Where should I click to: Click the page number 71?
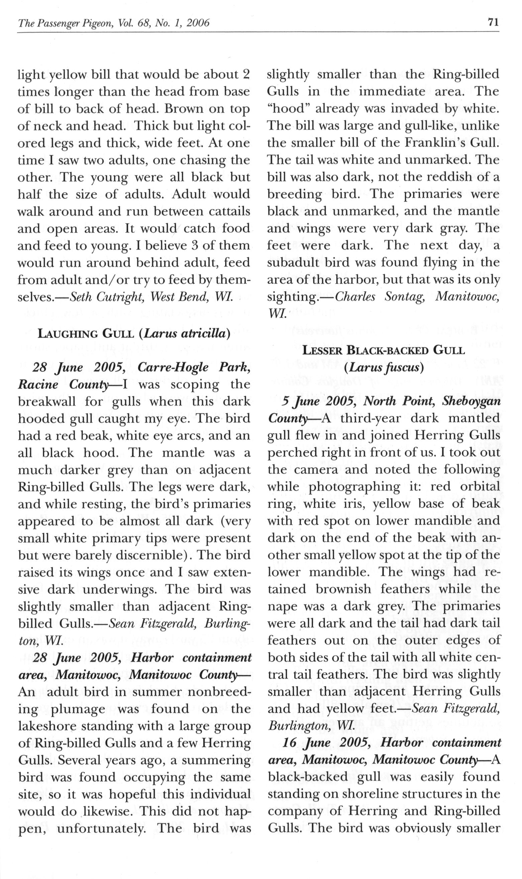pos(493,22)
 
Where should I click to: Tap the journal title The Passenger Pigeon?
pos(67,23)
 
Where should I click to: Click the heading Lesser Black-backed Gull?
pos(384,350)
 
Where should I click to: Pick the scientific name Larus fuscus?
pos(384,367)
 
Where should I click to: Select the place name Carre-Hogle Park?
pos(194,367)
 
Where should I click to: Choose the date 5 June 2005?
pos(319,401)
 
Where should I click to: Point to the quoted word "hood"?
pos(286,109)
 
